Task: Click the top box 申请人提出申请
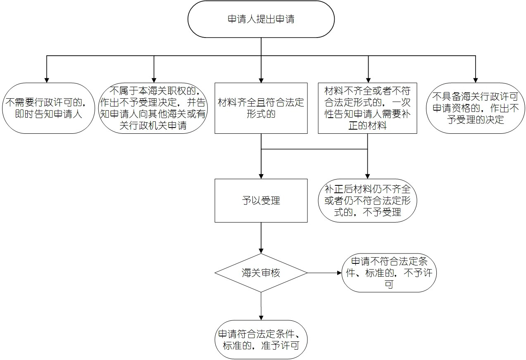(x=261, y=19)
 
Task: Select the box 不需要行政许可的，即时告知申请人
(x=48, y=108)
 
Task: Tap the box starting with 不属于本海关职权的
(x=153, y=108)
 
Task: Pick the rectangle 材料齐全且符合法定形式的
(x=261, y=108)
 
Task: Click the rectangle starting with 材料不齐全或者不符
(x=367, y=108)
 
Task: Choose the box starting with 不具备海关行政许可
(x=476, y=108)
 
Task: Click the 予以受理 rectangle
(x=261, y=201)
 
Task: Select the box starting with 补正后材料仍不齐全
(x=367, y=201)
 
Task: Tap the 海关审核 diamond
(x=261, y=273)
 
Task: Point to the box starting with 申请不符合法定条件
(x=389, y=273)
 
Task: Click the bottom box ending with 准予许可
(x=261, y=340)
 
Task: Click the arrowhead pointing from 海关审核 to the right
(x=339, y=273)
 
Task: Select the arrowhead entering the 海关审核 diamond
(x=261, y=251)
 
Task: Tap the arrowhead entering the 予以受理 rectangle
(x=261, y=176)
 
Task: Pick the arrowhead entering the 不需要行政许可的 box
(x=47, y=80)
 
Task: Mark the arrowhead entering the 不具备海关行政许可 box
(x=476, y=80)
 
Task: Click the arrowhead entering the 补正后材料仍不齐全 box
(x=367, y=176)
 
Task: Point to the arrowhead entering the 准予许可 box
(x=261, y=317)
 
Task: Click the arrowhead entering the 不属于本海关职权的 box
(x=154, y=80)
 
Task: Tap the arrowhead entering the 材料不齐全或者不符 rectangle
(x=368, y=80)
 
